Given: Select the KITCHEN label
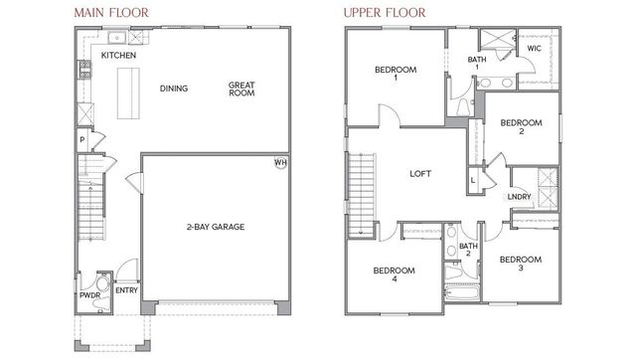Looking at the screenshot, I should pyautogui.click(x=119, y=56).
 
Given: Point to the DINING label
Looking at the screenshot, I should pyautogui.click(x=175, y=89).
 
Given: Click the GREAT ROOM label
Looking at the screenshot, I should pyautogui.click(x=242, y=89).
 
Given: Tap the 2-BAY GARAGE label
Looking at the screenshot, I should pyautogui.click(x=216, y=227).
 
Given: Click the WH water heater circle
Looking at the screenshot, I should pyautogui.click(x=281, y=163).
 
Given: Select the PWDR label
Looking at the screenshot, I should pyautogui.click(x=88, y=295).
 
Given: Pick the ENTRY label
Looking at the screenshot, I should pyautogui.click(x=126, y=290).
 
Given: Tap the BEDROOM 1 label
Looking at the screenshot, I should pyautogui.click(x=395, y=75).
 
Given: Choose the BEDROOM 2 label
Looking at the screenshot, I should pyautogui.click(x=521, y=127).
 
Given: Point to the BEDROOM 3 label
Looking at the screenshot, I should pyautogui.click(x=521, y=265).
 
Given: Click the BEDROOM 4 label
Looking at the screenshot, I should pyautogui.click(x=395, y=274).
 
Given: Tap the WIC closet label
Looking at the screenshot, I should pyautogui.click(x=534, y=47).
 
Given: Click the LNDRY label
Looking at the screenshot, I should pyautogui.click(x=519, y=197).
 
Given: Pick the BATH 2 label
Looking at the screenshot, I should pyautogui.click(x=468, y=250).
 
